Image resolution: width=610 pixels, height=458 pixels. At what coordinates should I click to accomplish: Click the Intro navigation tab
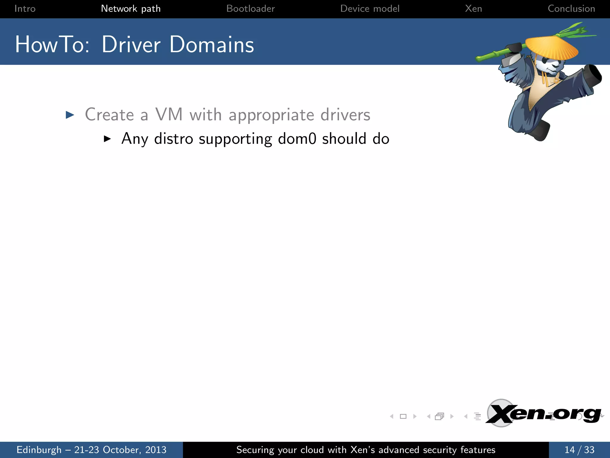pos(25,9)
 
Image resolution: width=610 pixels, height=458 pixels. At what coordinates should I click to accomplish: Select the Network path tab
pos(131,9)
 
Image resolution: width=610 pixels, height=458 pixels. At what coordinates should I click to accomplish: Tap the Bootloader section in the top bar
pos(250,9)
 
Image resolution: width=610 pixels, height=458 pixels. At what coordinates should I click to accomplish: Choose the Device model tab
pos(370,9)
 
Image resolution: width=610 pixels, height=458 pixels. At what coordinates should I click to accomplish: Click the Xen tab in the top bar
pos(473,9)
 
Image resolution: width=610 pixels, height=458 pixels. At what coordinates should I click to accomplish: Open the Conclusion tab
pos(571,9)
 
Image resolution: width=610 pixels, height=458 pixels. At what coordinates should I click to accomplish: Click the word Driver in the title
pos(131,45)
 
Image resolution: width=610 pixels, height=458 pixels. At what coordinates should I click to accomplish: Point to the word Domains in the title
pos(212,45)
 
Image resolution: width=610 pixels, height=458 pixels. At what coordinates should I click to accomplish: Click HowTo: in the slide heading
pos(52,45)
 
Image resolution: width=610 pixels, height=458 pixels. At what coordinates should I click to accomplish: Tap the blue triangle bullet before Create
pos(70,115)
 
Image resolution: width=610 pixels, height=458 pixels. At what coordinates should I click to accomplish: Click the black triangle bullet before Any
pos(107,139)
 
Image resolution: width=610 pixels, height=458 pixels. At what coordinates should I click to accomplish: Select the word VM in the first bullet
pos(169,114)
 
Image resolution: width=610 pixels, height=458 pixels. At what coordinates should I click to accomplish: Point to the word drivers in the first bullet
pos(345,115)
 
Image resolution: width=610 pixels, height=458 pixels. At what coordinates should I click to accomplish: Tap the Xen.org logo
pos(544,414)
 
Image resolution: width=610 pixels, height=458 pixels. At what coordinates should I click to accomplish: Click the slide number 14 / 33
pos(579,450)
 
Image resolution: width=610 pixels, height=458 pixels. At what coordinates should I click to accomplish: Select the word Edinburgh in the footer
pos(39,450)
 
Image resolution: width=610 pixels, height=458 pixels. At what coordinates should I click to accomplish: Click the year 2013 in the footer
pos(156,450)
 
